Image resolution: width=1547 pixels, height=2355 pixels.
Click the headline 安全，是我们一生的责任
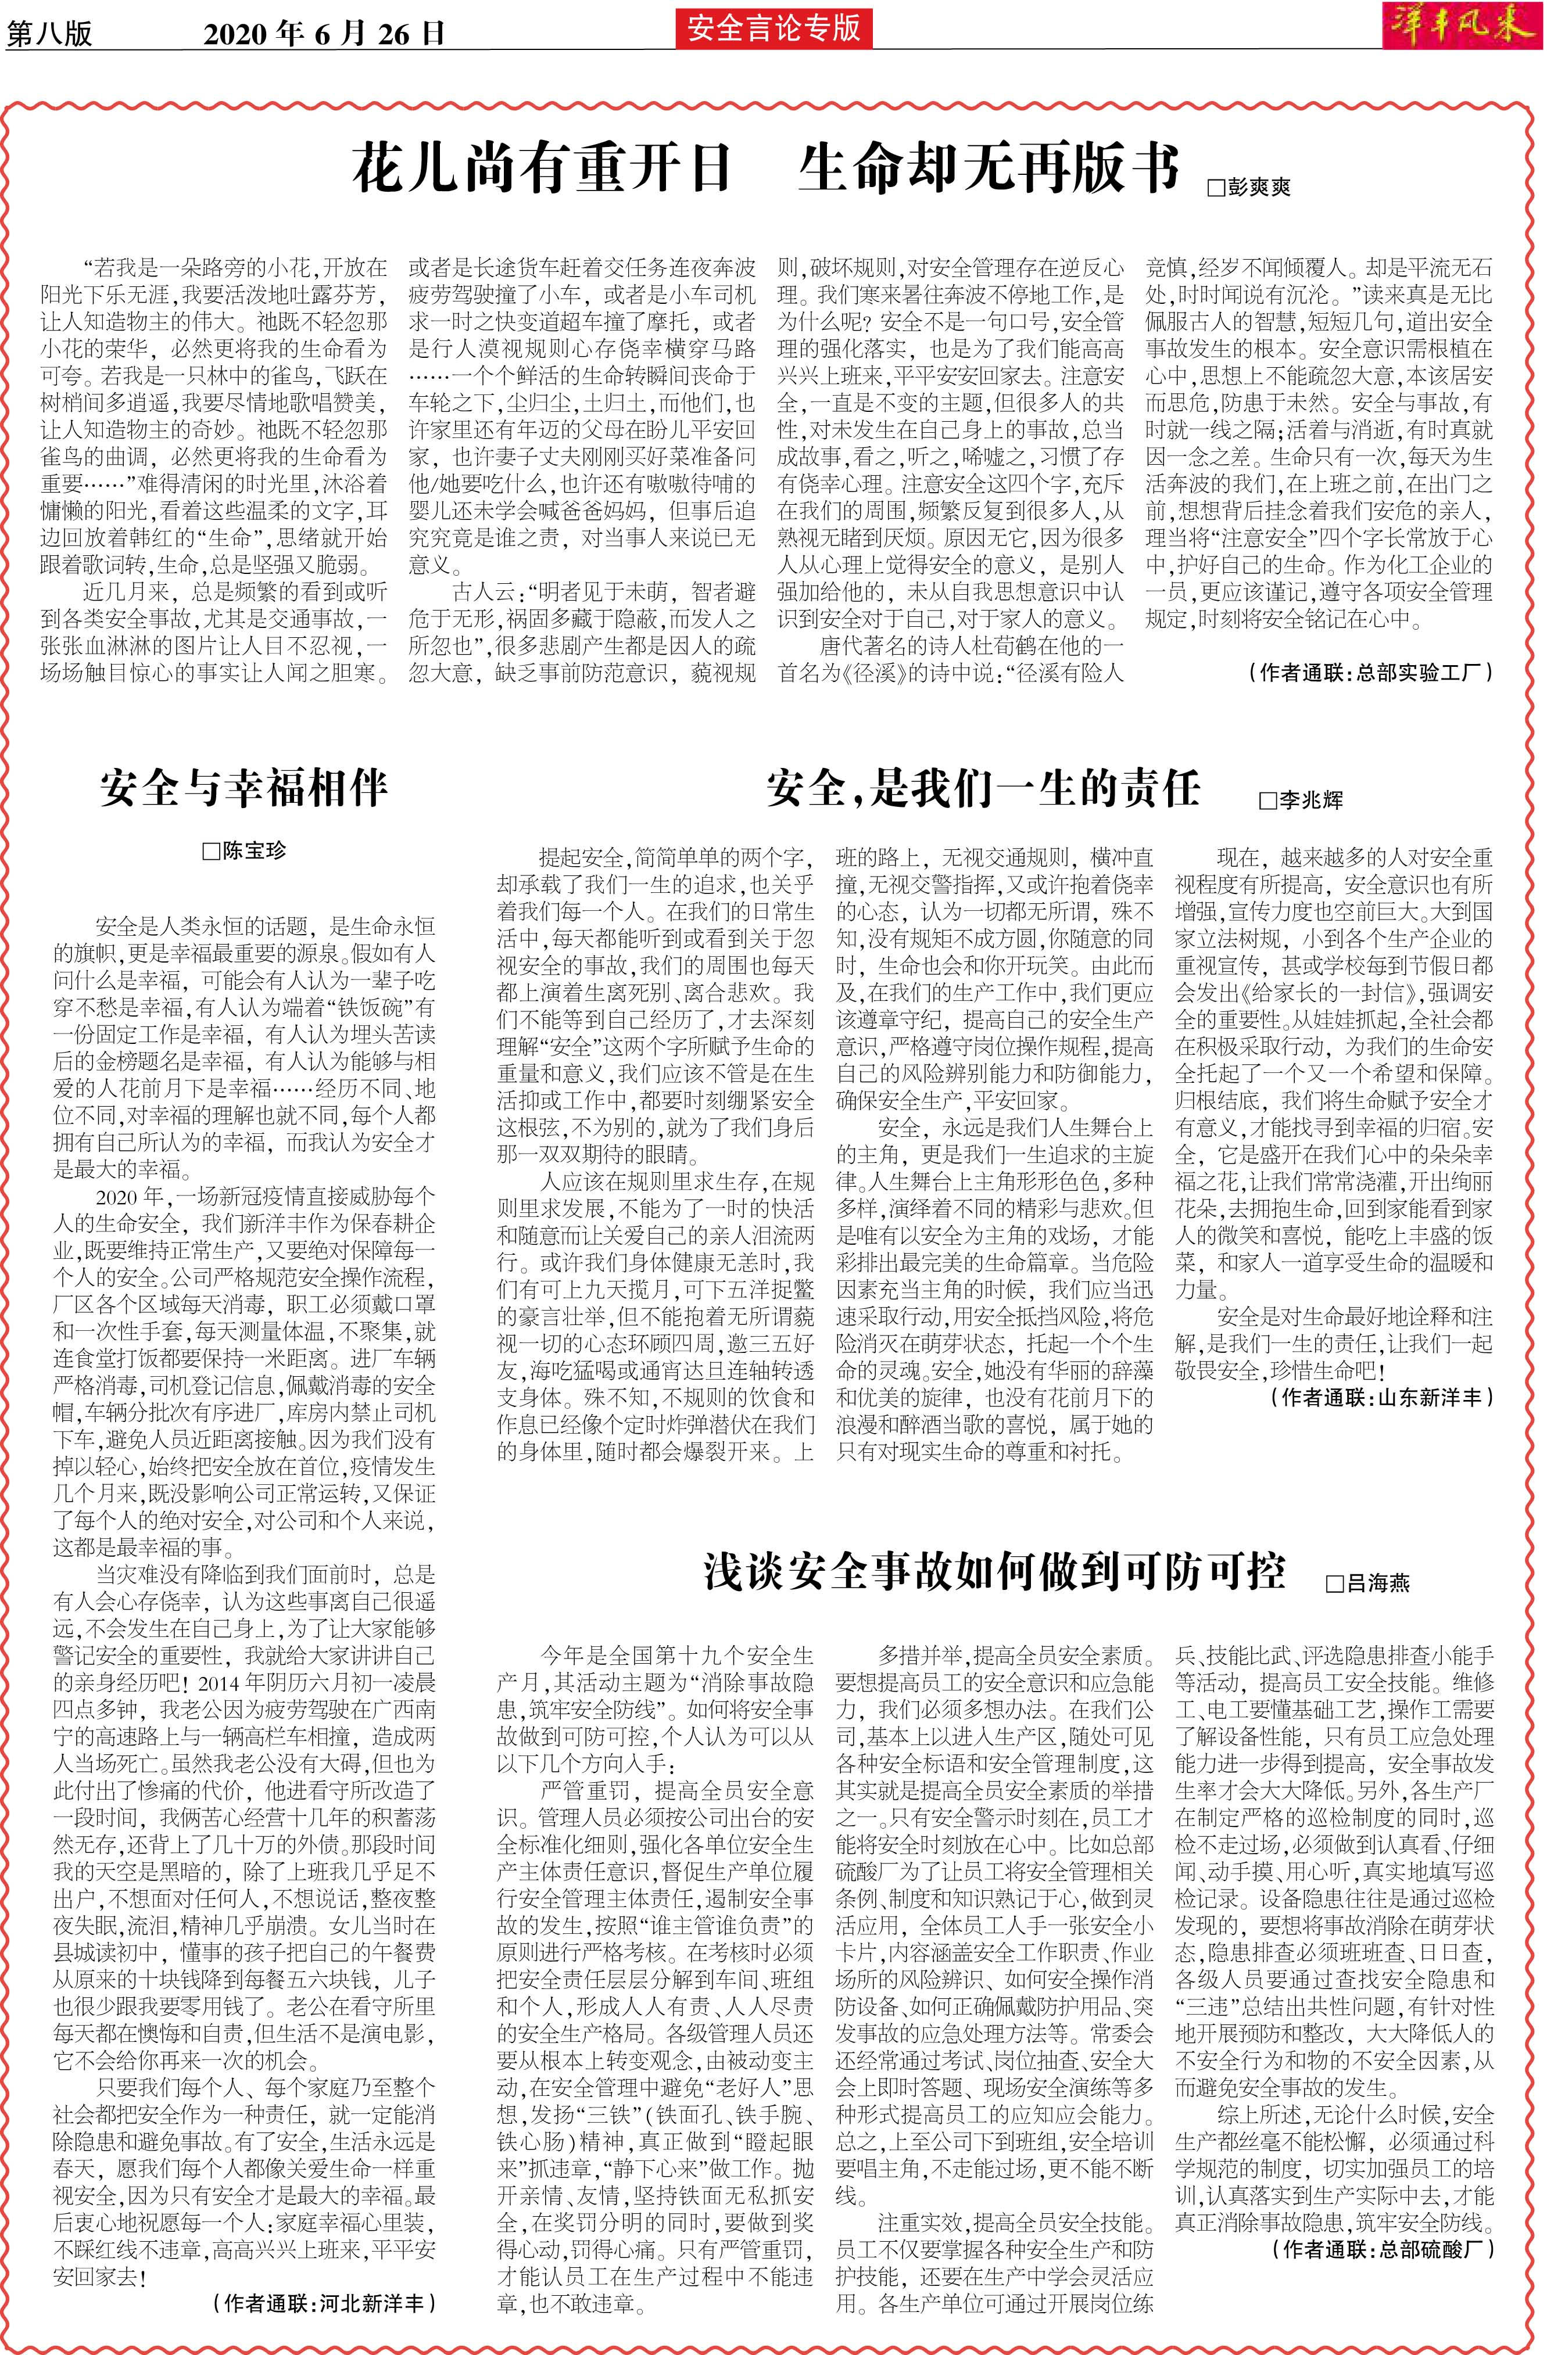(x=982, y=789)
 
